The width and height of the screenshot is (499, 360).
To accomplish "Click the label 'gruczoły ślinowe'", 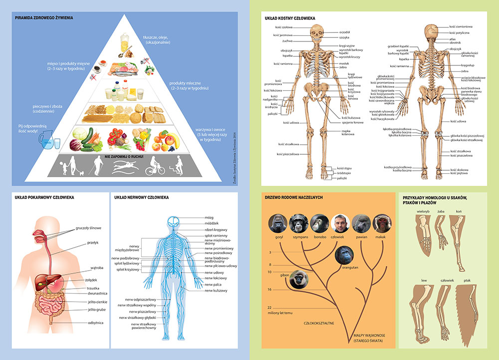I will coord(89,228).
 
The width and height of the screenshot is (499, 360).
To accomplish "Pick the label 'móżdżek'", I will coord(212,223).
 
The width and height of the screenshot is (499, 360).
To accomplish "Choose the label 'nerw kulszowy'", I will coord(216,291).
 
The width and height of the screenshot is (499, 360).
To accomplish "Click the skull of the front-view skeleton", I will coord(316,34).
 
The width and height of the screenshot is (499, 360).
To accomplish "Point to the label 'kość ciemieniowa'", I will coord(461,26).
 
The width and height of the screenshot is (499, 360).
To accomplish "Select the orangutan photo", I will coord(345,255).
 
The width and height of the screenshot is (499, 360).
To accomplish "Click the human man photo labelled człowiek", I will coord(339,222).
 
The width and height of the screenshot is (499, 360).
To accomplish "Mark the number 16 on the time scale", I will coord(269,290).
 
